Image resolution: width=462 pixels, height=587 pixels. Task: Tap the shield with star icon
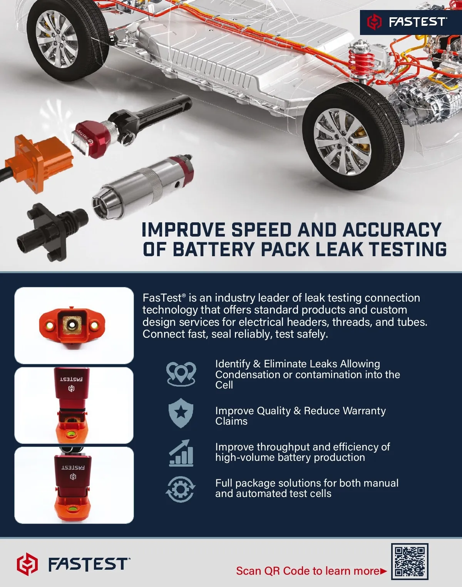(x=181, y=413)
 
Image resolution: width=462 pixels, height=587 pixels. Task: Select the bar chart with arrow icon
(x=181, y=453)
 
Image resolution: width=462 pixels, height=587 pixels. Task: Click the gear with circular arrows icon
(x=181, y=489)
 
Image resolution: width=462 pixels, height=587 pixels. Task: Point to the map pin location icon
(x=181, y=374)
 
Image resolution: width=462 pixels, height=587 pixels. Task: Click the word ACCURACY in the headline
(x=392, y=230)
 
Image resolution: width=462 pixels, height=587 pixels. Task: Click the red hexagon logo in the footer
(x=27, y=564)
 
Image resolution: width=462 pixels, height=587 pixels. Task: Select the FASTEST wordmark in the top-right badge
(x=417, y=22)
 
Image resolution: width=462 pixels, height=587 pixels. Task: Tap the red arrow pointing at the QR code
(x=383, y=571)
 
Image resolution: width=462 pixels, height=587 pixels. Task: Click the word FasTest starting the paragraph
(x=162, y=298)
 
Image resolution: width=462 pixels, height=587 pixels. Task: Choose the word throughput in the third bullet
(x=283, y=447)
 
